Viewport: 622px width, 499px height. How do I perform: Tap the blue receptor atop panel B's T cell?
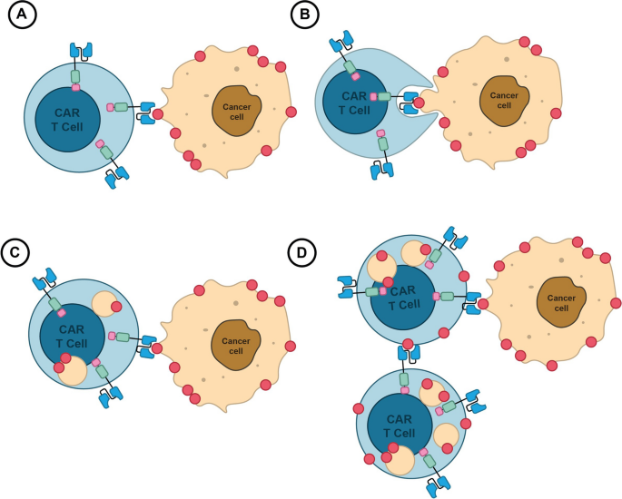(x=341, y=42)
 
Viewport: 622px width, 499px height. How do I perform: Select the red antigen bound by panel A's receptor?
(x=158, y=114)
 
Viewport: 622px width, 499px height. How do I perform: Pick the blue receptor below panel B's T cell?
(x=376, y=171)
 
